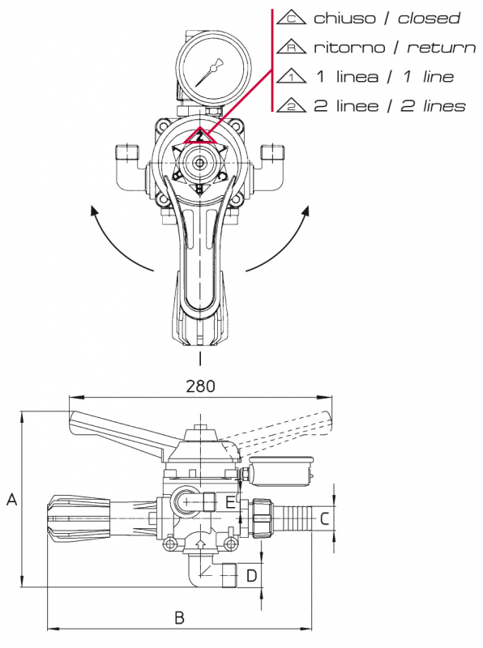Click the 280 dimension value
[x=200, y=386]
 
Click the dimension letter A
[x=12, y=500]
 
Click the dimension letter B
[x=180, y=617]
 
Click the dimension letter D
[x=251, y=575]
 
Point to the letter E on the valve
[x=230, y=503]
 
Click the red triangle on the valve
[x=199, y=136]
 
